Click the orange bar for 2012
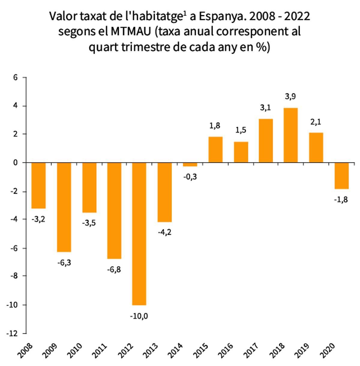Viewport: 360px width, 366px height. (139, 234)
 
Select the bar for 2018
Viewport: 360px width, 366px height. (291, 135)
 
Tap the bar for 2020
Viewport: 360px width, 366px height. (341, 176)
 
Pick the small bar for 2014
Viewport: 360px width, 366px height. (190, 165)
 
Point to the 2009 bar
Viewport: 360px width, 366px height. (64, 207)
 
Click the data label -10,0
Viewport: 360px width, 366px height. (139, 316)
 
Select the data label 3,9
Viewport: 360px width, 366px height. (291, 97)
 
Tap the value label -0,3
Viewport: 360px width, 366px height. (190, 177)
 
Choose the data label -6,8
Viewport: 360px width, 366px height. (114, 269)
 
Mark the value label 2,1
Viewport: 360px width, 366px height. (316, 122)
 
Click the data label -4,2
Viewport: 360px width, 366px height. (164, 232)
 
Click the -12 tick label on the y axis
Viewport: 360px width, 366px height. (13, 334)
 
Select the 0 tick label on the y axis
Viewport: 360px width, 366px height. (16, 163)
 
